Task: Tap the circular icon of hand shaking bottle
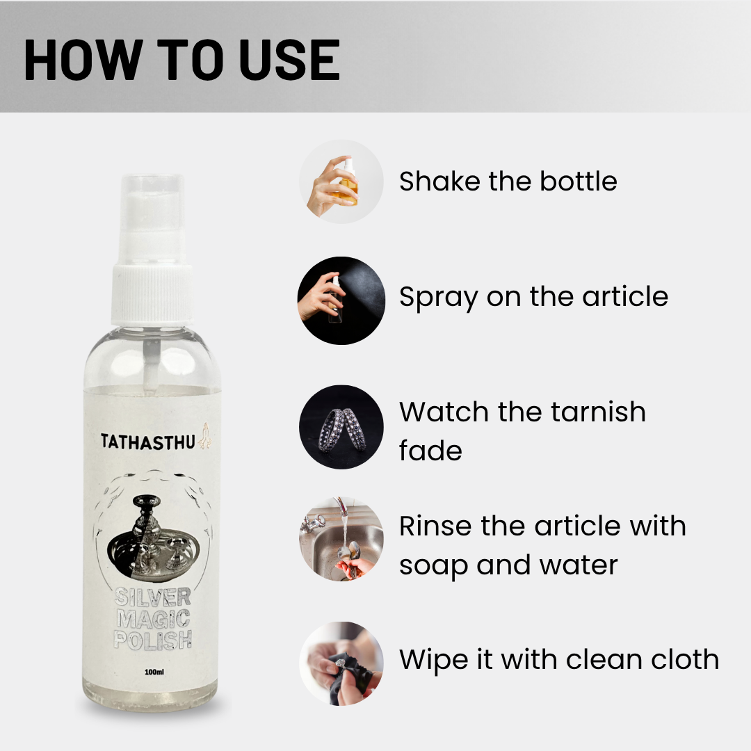coord(341,181)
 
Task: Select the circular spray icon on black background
coord(341,300)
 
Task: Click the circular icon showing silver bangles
coord(341,428)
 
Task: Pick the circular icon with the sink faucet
coord(341,539)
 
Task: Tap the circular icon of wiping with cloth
coord(341,663)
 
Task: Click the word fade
coord(430,450)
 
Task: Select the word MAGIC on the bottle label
coord(153,617)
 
